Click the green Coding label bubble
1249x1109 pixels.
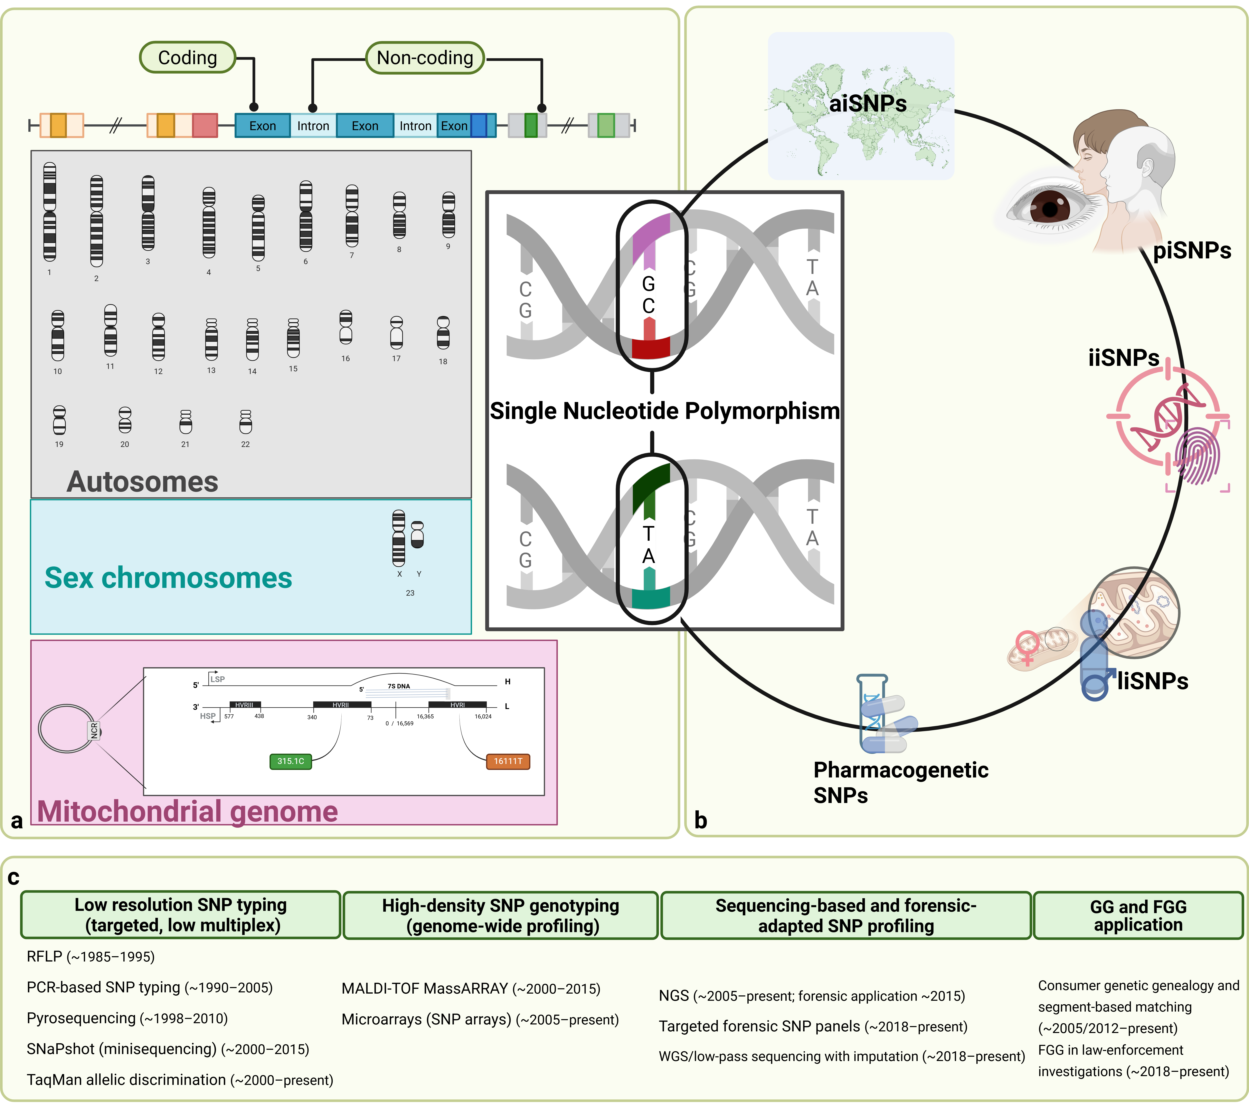[x=188, y=57]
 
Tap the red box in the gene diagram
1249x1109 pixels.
[x=205, y=125]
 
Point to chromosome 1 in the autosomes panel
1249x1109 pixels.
[x=49, y=212]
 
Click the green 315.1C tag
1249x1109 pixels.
[x=291, y=761]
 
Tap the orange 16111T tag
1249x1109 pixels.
[x=508, y=761]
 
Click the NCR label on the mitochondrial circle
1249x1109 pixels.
[x=94, y=730]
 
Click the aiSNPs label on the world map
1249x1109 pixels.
[x=868, y=103]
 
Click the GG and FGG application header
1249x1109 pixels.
[x=1138, y=915]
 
